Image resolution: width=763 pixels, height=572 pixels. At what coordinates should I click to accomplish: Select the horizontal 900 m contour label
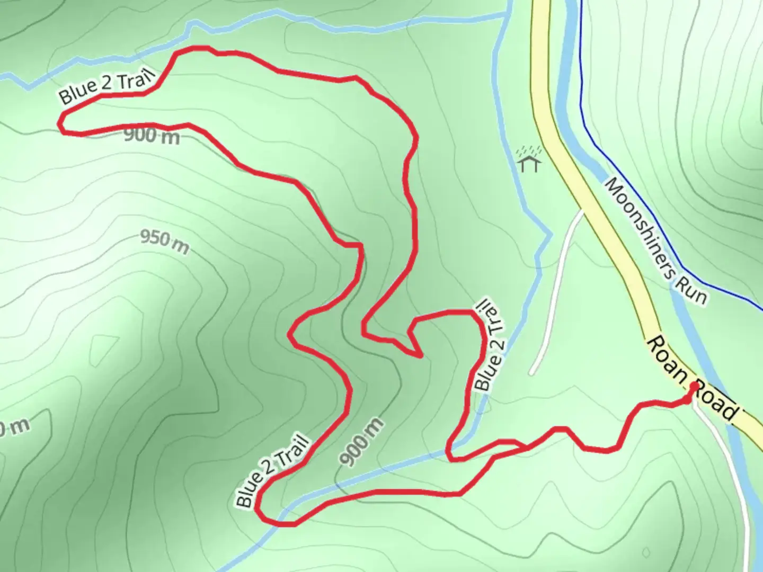(x=152, y=136)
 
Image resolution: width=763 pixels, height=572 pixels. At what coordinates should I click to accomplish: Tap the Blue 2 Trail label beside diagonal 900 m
(x=272, y=470)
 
